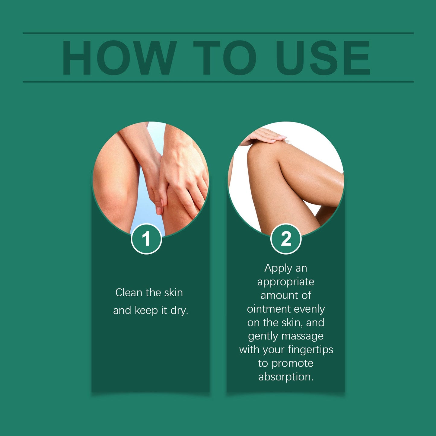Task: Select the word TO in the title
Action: [x=225, y=58]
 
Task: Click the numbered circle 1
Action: [x=146, y=239]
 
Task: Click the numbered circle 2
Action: [x=286, y=239]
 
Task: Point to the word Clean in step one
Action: [x=129, y=292]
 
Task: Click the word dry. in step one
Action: [x=179, y=310]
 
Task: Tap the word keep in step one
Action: [x=146, y=310]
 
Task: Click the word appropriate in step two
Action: [x=286, y=282]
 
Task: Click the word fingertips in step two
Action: [x=310, y=349]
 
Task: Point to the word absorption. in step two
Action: [x=286, y=377]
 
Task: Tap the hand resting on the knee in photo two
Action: [x=264, y=136]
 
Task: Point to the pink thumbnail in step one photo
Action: [x=159, y=210]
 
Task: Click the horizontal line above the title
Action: [x=218, y=33]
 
